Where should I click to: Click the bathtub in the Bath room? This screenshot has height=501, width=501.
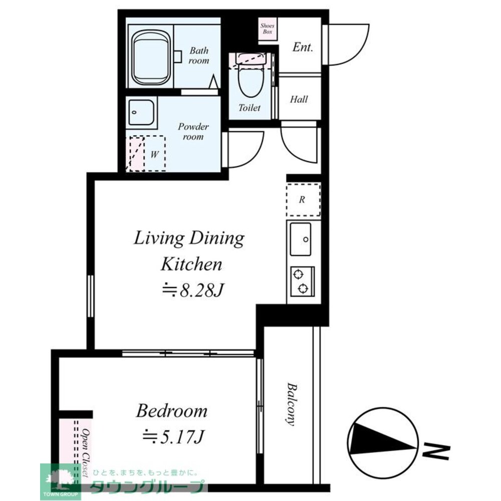[x=151, y=57]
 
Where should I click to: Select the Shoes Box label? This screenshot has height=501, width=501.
[x=267, y=29]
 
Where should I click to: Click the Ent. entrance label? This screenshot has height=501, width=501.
[x=303, y=47]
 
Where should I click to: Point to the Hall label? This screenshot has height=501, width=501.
[x=299, y=99]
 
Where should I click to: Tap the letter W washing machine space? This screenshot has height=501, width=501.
[x=154, y=154]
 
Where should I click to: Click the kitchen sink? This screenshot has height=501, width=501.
[x=300, y=239]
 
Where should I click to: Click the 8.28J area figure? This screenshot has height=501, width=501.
[x=192, y=290]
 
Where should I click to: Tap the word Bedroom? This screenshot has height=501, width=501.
[x=172, y=411]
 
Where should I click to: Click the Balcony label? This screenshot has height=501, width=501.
[x=291, y=404]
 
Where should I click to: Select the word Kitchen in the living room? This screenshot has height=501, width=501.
[x=191, y=265]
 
